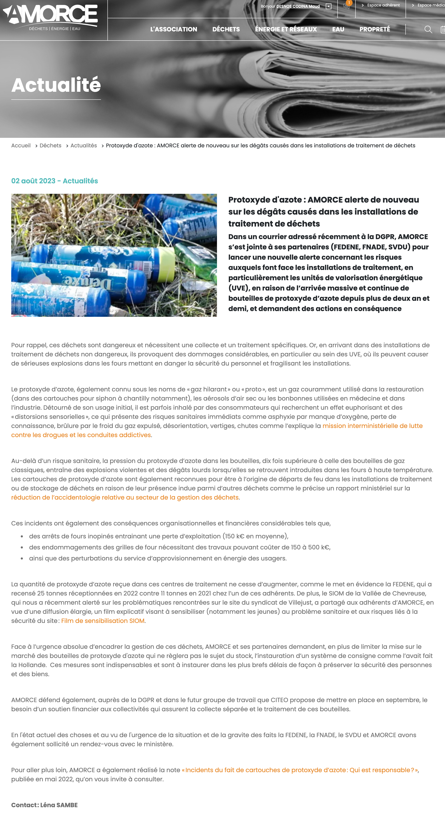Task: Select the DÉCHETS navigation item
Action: click(x=226, y=29)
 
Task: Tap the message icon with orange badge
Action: click(x=346, y=6)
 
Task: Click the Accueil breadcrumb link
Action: click(x=21, y=146)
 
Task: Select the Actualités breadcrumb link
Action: click(x=84, y=146)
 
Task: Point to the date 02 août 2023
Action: click(x=33, y=181)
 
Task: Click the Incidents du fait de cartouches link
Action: click(x=300, y=770)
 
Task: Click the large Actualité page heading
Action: click(x=56, y=85)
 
